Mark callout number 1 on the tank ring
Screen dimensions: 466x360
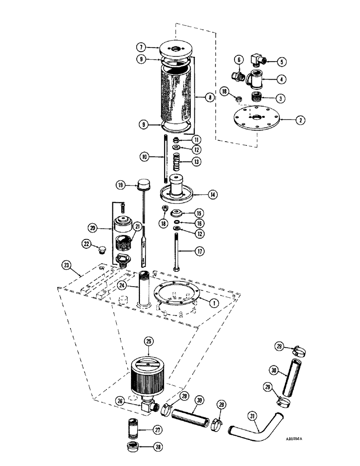pos(213,302)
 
